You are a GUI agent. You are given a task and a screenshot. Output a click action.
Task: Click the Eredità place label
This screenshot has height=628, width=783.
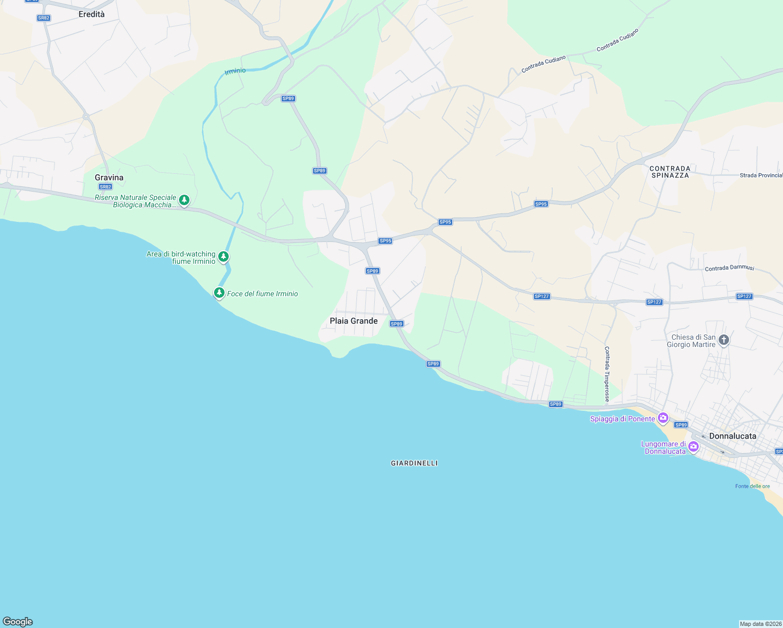(x=92, y=14)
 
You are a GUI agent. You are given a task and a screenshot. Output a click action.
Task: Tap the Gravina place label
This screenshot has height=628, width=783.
(x=109, y=177)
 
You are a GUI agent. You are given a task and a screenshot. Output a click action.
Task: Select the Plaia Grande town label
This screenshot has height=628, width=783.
(x=353, y=321)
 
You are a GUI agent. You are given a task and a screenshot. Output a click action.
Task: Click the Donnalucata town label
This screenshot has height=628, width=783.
(x=732, y=436)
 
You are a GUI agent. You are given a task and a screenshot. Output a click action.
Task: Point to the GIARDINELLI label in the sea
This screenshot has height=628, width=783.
(x=414, y=463)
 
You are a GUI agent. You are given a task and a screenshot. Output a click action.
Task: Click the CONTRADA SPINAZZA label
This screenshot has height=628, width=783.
(x=669, y=172)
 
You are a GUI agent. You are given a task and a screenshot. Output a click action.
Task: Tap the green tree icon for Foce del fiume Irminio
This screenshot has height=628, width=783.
(x=219, y=293)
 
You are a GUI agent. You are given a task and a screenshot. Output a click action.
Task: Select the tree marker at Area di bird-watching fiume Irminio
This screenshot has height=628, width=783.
(x=223, y=256)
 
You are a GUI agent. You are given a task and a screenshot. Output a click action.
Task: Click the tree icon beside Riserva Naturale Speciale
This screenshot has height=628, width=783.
(x=184, y=200)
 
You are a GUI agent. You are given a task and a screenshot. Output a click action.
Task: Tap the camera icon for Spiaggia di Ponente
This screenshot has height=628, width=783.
(x=663, y=418)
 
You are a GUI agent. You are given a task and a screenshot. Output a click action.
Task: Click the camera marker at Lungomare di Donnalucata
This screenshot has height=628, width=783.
(x=693, y=446)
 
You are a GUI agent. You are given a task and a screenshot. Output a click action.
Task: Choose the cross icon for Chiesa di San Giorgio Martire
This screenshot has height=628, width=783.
(x=724, y=340)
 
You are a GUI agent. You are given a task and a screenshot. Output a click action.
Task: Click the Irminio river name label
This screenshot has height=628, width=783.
(x=235, y=71)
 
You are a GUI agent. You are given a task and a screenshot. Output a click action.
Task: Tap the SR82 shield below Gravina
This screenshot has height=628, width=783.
(x=105, y=187)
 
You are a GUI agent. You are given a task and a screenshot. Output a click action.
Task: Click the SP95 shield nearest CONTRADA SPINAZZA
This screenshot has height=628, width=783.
(x=541, y=204)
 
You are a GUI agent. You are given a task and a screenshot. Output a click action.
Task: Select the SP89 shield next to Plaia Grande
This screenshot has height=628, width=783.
(x=397, y=324)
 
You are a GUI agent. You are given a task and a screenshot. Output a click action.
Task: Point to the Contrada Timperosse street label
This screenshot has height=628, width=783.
(x=607, y=374)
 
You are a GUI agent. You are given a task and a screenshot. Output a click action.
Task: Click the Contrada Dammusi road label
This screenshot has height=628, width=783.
(x=729, y=268)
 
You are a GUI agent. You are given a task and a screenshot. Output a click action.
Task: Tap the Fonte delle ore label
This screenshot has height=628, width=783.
(x=752, y=486)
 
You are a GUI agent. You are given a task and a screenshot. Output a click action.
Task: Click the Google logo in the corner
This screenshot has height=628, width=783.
(x=18, y=622)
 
